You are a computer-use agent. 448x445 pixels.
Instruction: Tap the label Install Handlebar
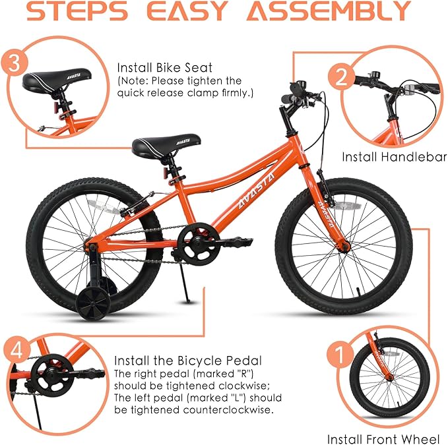click(x=393, y=158)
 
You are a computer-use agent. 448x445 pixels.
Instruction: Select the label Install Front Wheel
click(x=383, y=438)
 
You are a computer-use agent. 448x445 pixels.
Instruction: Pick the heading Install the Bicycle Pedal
click(x=187, y=361)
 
